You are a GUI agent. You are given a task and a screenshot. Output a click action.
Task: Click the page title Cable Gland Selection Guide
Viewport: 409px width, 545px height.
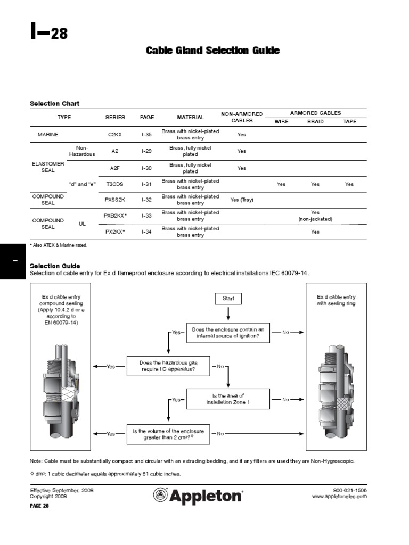pyautogui.click(x=212, y=51)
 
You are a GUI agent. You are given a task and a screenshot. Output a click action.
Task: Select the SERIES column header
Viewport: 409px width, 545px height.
pyautogui.click(x=115, y=117)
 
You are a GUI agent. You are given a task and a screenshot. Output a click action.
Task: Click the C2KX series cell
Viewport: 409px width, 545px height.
pyautogui.click(x=115, y=135)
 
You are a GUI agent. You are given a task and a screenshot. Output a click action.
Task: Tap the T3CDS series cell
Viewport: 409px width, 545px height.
pyautogui.click(x=115, y=184)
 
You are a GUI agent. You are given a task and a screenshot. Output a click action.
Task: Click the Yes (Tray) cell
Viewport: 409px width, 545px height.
pyautogui.click(x=242, y=200)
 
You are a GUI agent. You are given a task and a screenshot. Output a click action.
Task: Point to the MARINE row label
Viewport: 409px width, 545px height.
pyautogui.click(x=48, y=135)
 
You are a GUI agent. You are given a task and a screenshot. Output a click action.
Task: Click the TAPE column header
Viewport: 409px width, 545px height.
pyautogui.click(x=350, y=122)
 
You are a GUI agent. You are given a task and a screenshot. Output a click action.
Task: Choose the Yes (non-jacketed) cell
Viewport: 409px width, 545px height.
pyautogui.click(x=315, y=216)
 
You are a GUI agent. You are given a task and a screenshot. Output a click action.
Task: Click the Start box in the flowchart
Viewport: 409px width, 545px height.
pyautogui.click(x=228, y=299)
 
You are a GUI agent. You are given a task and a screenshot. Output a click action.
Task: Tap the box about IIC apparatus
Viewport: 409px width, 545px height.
pyautogui.click(x=167, y=366)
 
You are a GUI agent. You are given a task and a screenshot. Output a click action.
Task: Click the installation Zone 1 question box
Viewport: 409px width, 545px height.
pyautogui.click(x=228, y=399)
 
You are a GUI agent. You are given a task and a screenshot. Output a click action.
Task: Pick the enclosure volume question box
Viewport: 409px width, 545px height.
pyautogui.click(x=168, y=434)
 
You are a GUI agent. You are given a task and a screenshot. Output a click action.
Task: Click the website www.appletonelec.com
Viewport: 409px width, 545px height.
pyautogui.click(x=339, y=496)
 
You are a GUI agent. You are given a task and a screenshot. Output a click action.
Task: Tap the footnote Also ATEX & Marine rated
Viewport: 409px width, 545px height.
pyautogui.click(x=59, y=245)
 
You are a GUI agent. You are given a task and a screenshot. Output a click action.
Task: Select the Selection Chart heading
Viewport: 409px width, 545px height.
pyautogui.click(x=54, y=103)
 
